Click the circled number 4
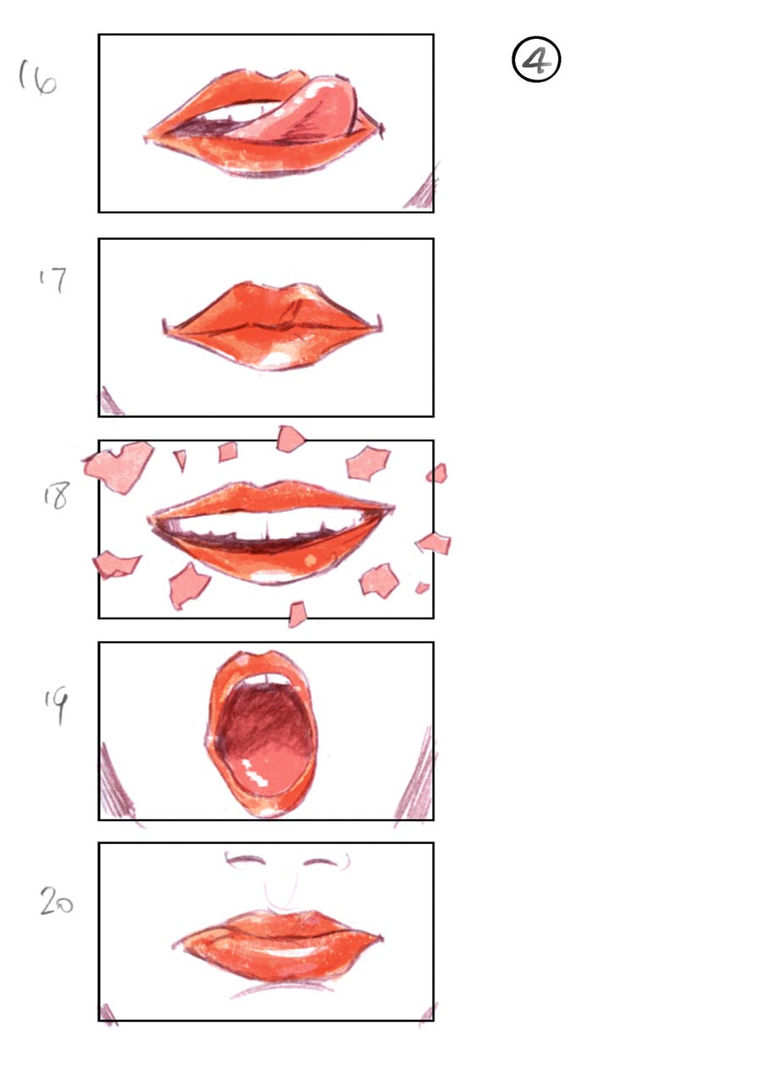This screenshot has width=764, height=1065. (x=537, y=62)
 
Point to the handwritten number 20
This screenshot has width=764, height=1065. (x=56, y=903)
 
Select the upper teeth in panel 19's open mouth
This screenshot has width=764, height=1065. (x=265, y=679)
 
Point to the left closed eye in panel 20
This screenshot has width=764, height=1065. (x=246, y=863)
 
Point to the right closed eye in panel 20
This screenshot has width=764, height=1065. (x=323, y=863)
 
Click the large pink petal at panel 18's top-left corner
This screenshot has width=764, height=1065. (x=120, y=464)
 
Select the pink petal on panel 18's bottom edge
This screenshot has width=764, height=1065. (x=296, y=613)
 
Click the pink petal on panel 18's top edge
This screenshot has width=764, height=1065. (x=291, y=437)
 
